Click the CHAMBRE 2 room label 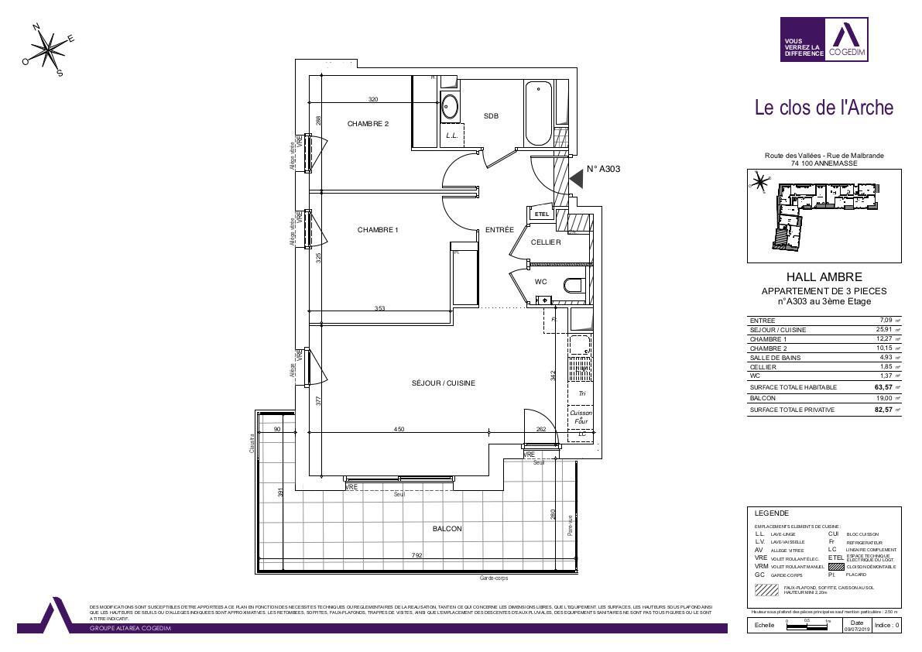click(x=368, y=124)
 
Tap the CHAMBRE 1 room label click(x=378, y=229)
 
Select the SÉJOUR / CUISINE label click(x=443, y=383)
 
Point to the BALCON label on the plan click(x=447, y=529)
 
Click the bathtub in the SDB click(x=540, y=113)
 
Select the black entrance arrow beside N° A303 click(x=576, y=180)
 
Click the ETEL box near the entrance click(x=542, y=214)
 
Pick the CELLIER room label click(x=546, y=242)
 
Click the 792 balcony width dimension click(x=416, y=555)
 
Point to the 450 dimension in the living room click(x=399, y=429)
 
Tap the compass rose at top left click(x=50, y=50)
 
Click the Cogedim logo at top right click(x=824, y=39)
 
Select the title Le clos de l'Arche click(x=824, y=108)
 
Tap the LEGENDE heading click(x=772, y=513)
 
